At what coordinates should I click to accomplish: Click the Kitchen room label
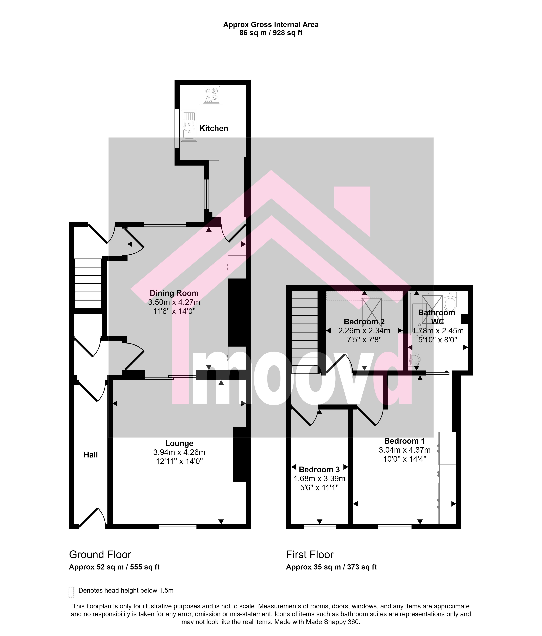(x=214, y=128)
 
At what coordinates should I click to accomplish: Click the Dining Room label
(x=174, y=293)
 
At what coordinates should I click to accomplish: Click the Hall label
(x=91, y=455)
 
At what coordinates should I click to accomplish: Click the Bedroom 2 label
(x=364, y=322)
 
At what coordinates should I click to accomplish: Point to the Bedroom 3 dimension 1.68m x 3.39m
(x=319, y=479)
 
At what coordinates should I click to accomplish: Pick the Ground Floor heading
(x=100, y=555)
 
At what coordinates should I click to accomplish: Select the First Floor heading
(x=310, y=555)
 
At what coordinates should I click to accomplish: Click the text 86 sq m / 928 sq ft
(x=271, y=33)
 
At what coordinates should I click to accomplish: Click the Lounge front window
(x=178, y=527)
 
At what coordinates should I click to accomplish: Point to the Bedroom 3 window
(x=320, y=527)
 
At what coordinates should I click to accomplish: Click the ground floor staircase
(x=88, y=283)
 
